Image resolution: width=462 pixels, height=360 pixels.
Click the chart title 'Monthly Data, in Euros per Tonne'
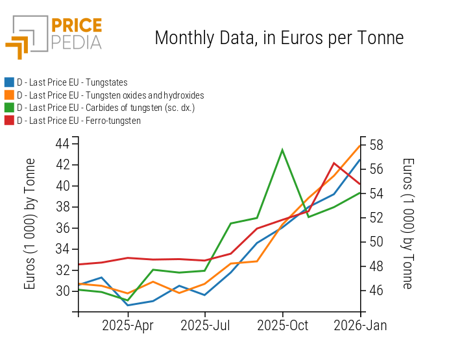point(279,38)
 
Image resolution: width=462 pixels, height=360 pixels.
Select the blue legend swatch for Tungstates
point(9,82)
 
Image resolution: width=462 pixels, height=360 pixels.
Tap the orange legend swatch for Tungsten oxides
point(9,95)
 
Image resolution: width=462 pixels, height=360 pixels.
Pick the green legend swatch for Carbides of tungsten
point(9,108)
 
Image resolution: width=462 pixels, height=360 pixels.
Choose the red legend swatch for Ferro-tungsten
point(9,121)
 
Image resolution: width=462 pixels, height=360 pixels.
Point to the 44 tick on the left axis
point(63,143)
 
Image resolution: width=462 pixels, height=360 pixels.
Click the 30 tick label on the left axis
point(63,291)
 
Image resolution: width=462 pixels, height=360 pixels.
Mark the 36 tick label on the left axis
point(63,228)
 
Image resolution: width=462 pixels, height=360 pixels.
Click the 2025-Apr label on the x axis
point(128,325)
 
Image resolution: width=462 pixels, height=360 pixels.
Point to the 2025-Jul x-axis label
point(205,325)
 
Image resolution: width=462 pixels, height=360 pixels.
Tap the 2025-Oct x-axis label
point(282,325)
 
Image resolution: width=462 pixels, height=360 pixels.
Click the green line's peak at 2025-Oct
point(282,150)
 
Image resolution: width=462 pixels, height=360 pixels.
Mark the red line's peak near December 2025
point(334,163)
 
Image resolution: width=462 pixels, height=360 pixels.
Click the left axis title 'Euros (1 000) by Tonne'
point(30,224)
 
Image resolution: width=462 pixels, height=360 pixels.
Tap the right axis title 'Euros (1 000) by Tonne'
point(407,224)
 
